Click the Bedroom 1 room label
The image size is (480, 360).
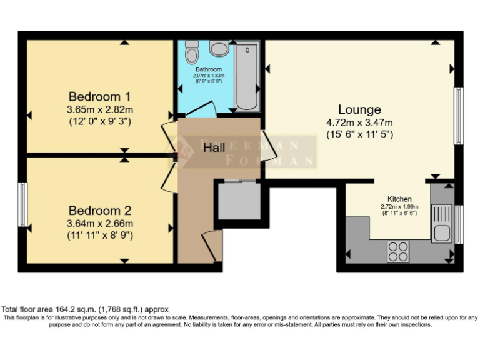[100, 97]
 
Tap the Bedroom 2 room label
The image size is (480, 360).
[100, 211]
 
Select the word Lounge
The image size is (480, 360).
[359, 110]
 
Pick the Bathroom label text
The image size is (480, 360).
[208, 69]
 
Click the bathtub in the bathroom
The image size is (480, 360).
[247, 76]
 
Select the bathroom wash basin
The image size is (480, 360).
[218, 48]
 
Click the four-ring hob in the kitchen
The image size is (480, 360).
[398, 251]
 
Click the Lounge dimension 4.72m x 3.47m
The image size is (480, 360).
[359, 122]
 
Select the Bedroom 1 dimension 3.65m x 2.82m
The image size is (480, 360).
[100, 109]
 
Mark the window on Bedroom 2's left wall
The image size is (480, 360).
[22, 205]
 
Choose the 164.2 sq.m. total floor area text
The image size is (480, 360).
[84, 309]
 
